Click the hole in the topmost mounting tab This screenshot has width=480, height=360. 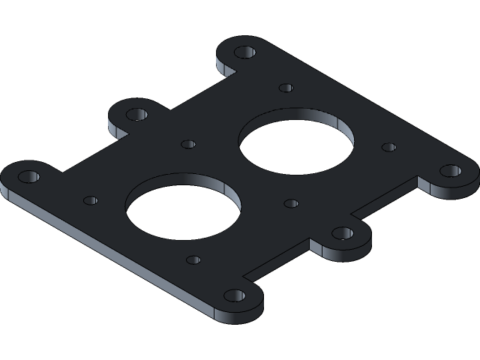pos(244,52)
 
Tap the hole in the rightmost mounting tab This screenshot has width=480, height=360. pos(450,170)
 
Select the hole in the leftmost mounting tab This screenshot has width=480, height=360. pos(28,177)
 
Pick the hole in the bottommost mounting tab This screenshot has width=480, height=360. pos(235,295)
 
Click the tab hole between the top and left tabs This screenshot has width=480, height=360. pos(136,115)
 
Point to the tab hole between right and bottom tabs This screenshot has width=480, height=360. pos(343,232)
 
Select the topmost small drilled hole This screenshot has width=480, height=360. pos(286,88)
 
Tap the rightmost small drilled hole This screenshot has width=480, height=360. pos(388,147)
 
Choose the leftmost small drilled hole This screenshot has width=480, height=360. pos(90,200)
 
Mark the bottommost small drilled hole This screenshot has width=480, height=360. pos(193,259)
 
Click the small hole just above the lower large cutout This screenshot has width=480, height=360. pos(188,144)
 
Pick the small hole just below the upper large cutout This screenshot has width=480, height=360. pos(291,203)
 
